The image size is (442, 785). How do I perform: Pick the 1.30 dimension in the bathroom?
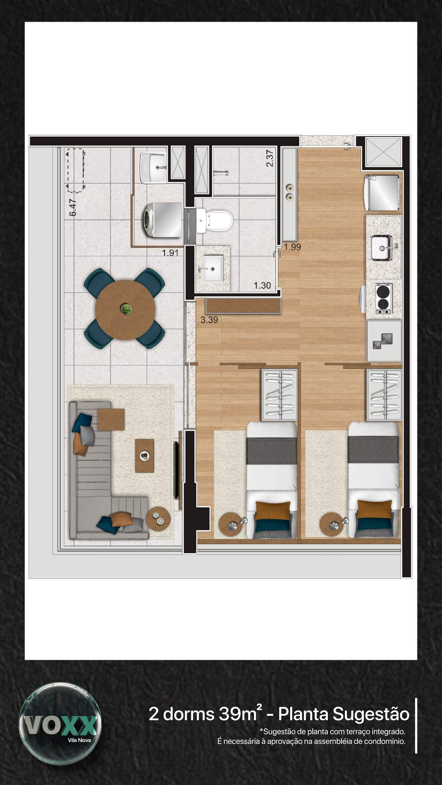pos(262,286)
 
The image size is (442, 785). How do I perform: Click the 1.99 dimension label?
pos(293,247)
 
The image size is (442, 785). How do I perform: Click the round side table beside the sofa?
pos(158,518)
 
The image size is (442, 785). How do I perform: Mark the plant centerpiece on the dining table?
pos(126,309)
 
